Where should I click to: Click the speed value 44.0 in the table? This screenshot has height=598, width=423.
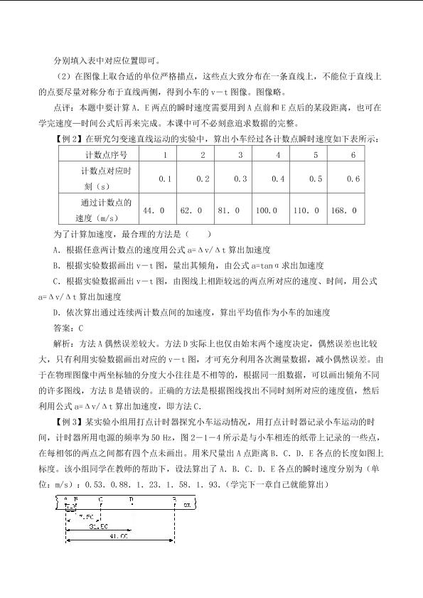(x=154, y=210)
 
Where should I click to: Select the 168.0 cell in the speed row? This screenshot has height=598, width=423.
(x=343, y=210)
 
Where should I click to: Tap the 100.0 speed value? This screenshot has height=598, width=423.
(x=266, y=210)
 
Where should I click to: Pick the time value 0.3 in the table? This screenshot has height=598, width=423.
(x=240, y=178)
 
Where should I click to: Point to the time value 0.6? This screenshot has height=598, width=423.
(x=353, y=178)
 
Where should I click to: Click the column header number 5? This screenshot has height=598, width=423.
(x=316, y=155)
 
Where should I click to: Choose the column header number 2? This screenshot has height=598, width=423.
(x=203, y=155)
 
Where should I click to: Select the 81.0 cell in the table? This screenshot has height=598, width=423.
(x=229, y=210)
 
